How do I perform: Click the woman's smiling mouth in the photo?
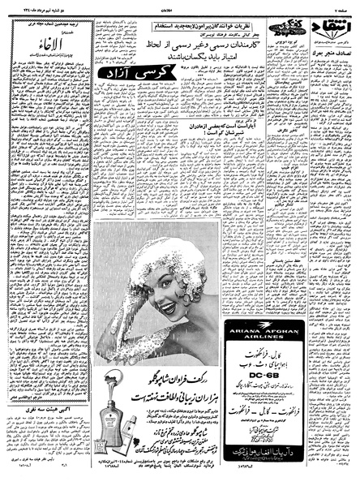click(x=170, y=306)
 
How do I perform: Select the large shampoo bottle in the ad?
click(x=108, y=422)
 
